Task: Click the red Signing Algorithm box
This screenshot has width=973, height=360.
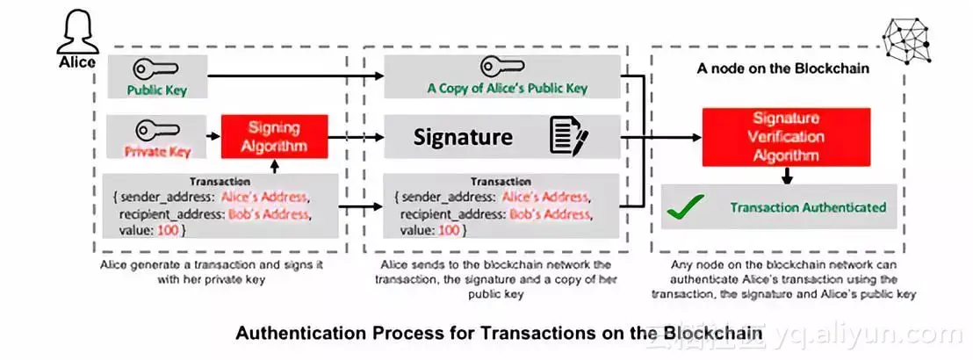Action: [x=275, y=137]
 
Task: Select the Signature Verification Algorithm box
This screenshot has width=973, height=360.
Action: [x=786, y=137]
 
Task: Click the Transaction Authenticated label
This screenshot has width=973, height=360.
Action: [x=807, y=208]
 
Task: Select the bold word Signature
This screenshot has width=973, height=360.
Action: [x=463, y=137]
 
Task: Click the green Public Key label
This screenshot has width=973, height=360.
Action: [x=156, y=90]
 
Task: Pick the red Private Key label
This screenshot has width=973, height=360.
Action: [x=158, y=151]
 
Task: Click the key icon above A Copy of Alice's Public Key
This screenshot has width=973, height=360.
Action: [x=501, y=67]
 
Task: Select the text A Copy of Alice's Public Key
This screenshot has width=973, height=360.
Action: [x=507, y=88]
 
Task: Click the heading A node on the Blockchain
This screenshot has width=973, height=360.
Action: [x=782, y=67]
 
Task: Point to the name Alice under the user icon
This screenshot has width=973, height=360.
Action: [x=76, y=62]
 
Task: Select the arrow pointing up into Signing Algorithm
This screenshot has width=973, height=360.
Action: [x=275, y=167]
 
